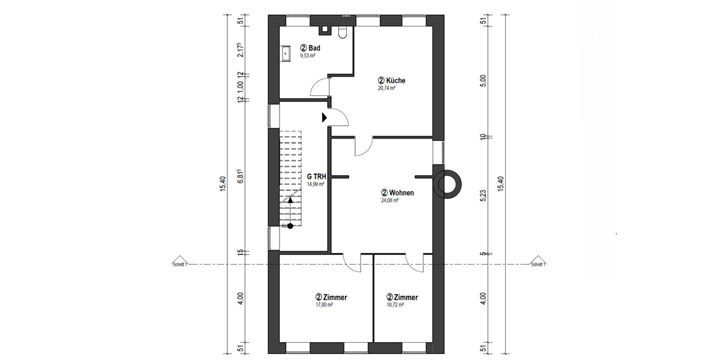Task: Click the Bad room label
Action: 311,47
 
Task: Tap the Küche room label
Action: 392,80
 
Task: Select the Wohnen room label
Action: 398,193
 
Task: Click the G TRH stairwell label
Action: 316,176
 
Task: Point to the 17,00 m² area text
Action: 324,305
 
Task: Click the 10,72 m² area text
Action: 395,305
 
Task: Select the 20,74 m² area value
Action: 386,88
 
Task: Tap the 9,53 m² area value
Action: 308,55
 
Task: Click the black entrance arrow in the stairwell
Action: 324,117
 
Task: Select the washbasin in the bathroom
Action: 286,53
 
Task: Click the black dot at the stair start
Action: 290,226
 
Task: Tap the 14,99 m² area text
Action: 316,185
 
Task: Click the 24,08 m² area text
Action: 390,201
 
